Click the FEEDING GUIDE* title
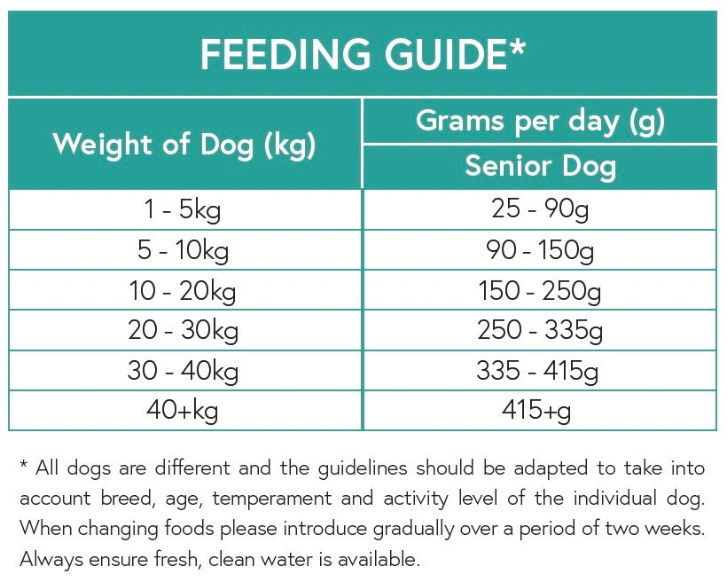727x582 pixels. (x=363, y=54)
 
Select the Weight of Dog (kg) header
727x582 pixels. (x=184, y=144)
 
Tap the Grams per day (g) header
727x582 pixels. (x=540, y=121)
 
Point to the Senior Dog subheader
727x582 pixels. (x=540, y=166)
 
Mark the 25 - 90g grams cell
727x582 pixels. (x=540, y=210)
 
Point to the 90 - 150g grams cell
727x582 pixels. (x=540, y=251)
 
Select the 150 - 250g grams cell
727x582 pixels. (x=540, y=291)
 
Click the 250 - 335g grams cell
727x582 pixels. (x=540, y=331)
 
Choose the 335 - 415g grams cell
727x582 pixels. (x=540, y=371)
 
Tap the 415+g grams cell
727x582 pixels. (x=540, y=411)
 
